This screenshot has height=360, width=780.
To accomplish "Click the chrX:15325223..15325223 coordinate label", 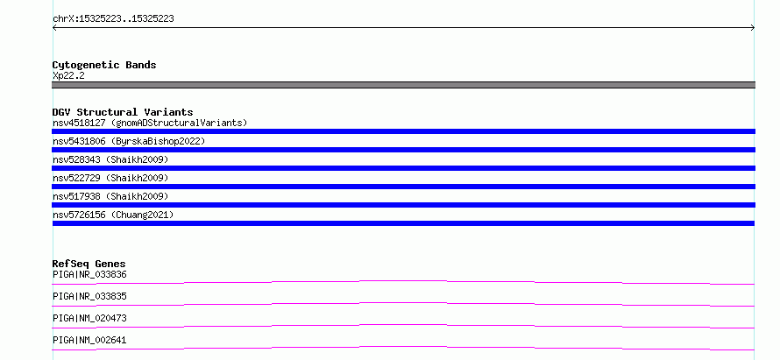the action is [x=113, y=19].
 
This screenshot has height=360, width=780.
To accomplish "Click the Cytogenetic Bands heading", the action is [x=104, y=65].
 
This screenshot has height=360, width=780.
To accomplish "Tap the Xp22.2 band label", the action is [x=68, y=75].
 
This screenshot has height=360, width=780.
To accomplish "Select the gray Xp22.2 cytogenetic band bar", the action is [x=403, y=85].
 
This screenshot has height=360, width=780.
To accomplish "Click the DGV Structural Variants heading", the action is [x=123, y=112].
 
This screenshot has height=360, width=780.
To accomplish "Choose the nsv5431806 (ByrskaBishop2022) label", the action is [x=129, y=141].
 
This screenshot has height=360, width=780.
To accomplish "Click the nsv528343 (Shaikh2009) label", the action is [x=110, y=159].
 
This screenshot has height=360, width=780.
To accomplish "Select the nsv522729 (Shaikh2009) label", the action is [x=110, y=178].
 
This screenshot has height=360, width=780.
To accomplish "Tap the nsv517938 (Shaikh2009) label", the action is [x=110, y=196].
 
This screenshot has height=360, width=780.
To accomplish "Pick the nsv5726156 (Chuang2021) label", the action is [x=113, y=215].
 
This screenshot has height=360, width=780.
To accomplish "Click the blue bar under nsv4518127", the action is [x=403, y=131].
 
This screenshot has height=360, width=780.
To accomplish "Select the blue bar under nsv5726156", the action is [x=403, y=223].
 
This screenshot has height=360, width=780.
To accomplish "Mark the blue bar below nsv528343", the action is [x=403, y=168].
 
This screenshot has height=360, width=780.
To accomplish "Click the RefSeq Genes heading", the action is [x=89, y=264].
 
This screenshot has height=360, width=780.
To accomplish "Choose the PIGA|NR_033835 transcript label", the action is [x=89, y=296].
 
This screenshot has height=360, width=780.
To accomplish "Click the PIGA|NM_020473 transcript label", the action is [x=89, y=318].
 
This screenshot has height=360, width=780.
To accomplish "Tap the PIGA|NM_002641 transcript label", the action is [x=89, y=340].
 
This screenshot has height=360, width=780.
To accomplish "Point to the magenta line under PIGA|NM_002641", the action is [x=403, y=347].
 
